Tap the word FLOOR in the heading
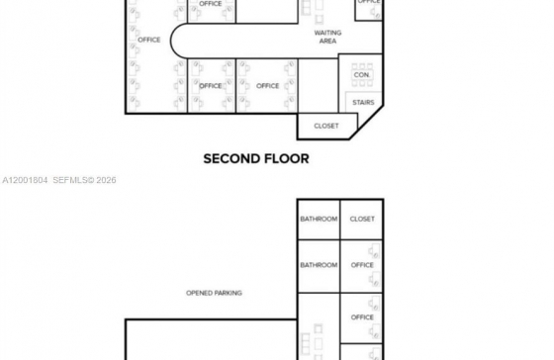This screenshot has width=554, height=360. (x=287, y=158)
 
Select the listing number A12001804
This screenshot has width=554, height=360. (x=25, y=180)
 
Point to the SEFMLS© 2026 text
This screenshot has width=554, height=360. (x=84, y=180)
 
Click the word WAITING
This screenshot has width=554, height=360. (x=327, y=33)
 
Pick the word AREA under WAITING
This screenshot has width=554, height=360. (x=327, y=41)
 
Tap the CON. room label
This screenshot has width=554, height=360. (x=362, y=75)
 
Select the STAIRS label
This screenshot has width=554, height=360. (x=363, y=103)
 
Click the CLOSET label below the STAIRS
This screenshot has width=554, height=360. (x=326, y=126)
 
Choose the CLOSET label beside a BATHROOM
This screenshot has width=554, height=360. (x=362, y=219)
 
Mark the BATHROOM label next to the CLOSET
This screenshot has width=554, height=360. (x=319, y=219)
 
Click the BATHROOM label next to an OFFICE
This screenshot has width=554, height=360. (x=319, y=265)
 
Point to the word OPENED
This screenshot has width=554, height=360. (x=198, y=293)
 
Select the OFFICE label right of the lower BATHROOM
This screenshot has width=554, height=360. (x=362, y=265)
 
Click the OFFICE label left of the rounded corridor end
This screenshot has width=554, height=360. (x=149, y=40)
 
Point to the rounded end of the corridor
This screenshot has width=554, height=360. (x=171, y=41)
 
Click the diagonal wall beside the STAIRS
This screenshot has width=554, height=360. (x=367, y=123)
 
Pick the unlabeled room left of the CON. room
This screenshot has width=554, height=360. (x=318, y=86)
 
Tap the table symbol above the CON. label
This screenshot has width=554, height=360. (x=362, y=66)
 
